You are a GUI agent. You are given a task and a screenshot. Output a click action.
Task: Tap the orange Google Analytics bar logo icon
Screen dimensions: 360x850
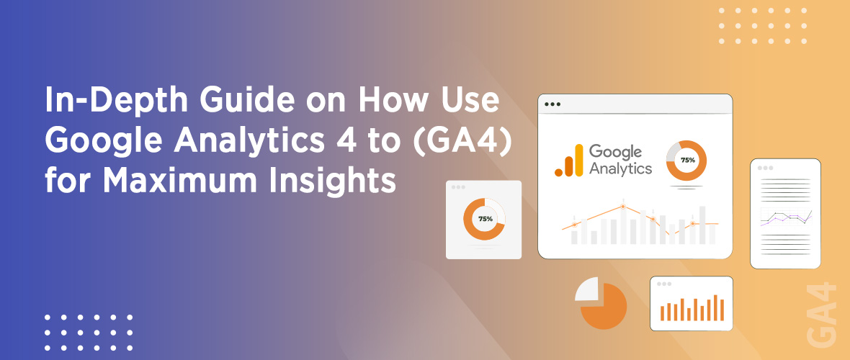pos(568,161)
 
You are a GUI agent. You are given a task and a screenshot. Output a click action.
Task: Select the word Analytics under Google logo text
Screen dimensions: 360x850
pos(620,170)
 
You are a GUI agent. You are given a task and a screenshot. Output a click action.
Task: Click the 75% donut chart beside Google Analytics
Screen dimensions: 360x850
pos(686,160)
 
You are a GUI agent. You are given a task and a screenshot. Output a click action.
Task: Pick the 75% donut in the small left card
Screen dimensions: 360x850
pos(484,218)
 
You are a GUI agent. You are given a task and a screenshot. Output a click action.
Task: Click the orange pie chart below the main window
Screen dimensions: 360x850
pos(604,305)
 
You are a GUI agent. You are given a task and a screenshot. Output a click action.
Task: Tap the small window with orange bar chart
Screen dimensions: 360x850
pos(692,303)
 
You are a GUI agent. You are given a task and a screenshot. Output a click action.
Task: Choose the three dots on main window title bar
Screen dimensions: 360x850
pos(552,104)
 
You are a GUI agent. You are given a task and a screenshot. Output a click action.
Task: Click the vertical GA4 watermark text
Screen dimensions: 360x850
pos(823,315)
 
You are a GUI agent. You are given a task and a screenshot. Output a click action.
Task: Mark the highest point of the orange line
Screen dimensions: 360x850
pos(623,207)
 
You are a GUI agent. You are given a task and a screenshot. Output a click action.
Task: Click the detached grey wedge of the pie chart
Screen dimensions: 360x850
pos(586,289)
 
